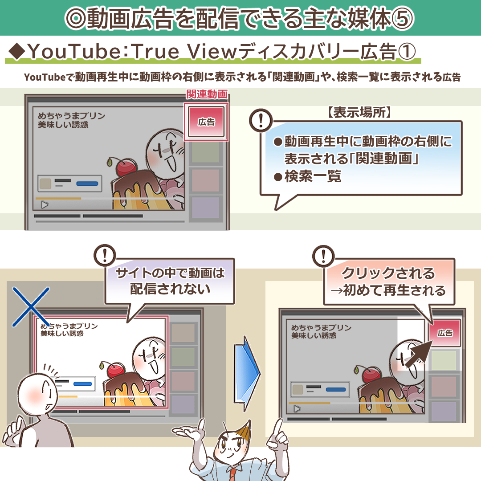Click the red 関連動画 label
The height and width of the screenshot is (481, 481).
pos(207,94)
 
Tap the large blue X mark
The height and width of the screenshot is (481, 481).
pos(30,306)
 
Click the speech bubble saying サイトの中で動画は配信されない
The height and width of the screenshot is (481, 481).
pos(170,281)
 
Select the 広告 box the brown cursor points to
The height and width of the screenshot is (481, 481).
pos(444,333)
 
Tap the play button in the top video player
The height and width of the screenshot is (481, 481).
pos(45,205)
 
